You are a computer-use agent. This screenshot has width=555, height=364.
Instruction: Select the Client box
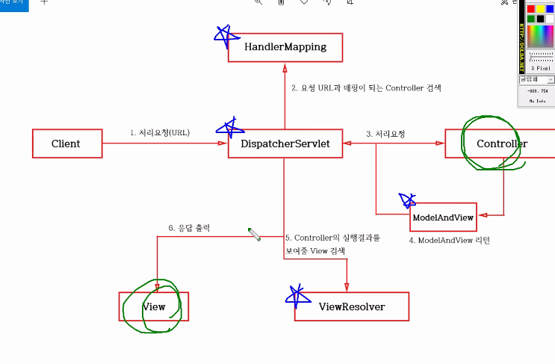point(66,144)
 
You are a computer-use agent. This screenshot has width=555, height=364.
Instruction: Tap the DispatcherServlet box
point(285,144)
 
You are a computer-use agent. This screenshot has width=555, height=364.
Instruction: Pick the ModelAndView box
point(444,216)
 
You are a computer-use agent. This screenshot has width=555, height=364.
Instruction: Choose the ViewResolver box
point(352,306)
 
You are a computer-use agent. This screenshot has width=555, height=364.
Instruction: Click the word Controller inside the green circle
point(502,144)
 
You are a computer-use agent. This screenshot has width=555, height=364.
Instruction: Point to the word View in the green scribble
point(154,306)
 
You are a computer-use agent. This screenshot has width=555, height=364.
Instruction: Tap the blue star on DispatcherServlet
point(225,126)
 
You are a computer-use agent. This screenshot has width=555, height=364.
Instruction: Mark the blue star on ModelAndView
point(408,200)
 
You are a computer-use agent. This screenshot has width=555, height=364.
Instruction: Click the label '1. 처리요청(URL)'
point(159,133)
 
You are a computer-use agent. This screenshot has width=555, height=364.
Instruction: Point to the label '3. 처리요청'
point(385,134)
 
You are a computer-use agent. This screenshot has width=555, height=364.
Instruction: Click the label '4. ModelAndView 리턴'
point(449,241)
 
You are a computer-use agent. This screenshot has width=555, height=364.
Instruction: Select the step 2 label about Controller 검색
point(366,88)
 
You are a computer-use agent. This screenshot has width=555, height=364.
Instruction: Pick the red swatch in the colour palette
point(530,9)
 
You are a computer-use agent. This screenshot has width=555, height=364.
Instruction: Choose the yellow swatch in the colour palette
point(540,9)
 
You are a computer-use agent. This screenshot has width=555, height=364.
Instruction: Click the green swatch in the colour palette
point(530,19)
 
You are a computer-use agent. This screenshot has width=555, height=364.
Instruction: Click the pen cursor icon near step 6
point(255,235)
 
